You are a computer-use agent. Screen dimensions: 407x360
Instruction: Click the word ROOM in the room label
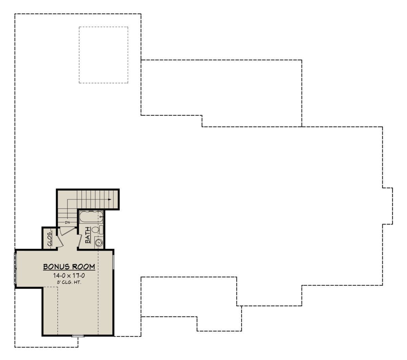83,267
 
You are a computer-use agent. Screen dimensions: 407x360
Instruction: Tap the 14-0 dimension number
59,276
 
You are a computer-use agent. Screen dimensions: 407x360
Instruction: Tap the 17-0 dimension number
78,276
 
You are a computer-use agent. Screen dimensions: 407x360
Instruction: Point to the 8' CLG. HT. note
69,282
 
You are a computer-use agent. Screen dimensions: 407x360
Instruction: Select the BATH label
88,235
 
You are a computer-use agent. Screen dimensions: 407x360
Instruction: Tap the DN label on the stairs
67,223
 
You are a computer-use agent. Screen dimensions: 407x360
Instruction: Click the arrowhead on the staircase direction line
110,200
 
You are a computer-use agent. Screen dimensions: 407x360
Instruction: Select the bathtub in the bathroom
91,217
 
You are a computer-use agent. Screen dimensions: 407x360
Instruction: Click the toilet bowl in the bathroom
95,230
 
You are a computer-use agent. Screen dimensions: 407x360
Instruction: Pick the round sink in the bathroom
99,243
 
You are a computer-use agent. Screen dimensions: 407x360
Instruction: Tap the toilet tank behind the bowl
101,230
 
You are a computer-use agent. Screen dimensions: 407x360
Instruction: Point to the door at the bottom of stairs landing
67,231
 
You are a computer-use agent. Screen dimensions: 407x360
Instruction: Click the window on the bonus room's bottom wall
78,336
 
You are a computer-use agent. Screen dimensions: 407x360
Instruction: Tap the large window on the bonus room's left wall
15,269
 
